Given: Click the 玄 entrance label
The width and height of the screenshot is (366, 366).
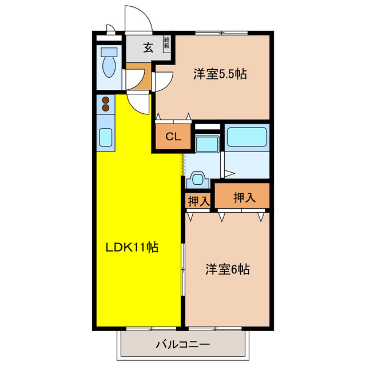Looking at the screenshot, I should pyautogui.click(x=148, y=47).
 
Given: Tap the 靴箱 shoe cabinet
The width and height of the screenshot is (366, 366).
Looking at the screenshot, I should pyautogui.click(x=167, y=43).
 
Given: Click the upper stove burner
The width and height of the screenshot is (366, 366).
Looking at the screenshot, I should pyautogui.click(x=106, y=100).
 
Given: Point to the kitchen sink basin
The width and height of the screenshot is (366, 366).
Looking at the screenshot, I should pyautogui.click(x=105, y=138).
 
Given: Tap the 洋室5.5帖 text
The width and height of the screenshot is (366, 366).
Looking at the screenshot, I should pyautogui.click(x=220, y=74).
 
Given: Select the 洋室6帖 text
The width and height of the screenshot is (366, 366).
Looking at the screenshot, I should pyautogui.click(x=228, y=268).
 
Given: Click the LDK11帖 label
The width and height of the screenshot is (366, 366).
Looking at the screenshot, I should pyautogui.click(x=132, y=248).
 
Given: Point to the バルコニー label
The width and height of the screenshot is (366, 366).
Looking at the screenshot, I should pyautogui.click(x=183, y=345).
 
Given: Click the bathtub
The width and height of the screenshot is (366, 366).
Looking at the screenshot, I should pyautogui.click(x=247, y=137).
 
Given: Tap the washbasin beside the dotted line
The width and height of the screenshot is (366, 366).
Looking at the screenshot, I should pyautogui.click(x=198, y=179).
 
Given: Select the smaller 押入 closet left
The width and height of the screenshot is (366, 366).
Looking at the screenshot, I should pyautogui.click(x=198, y=201).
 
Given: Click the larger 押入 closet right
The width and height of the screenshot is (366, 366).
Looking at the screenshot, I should pyautogui.click(x=244, y=198).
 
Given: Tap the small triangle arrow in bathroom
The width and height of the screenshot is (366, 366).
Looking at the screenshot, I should pyautogui.click(x=228, y=173).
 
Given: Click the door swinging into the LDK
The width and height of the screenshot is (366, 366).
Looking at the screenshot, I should pyautogui.click(x=138, y=104).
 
